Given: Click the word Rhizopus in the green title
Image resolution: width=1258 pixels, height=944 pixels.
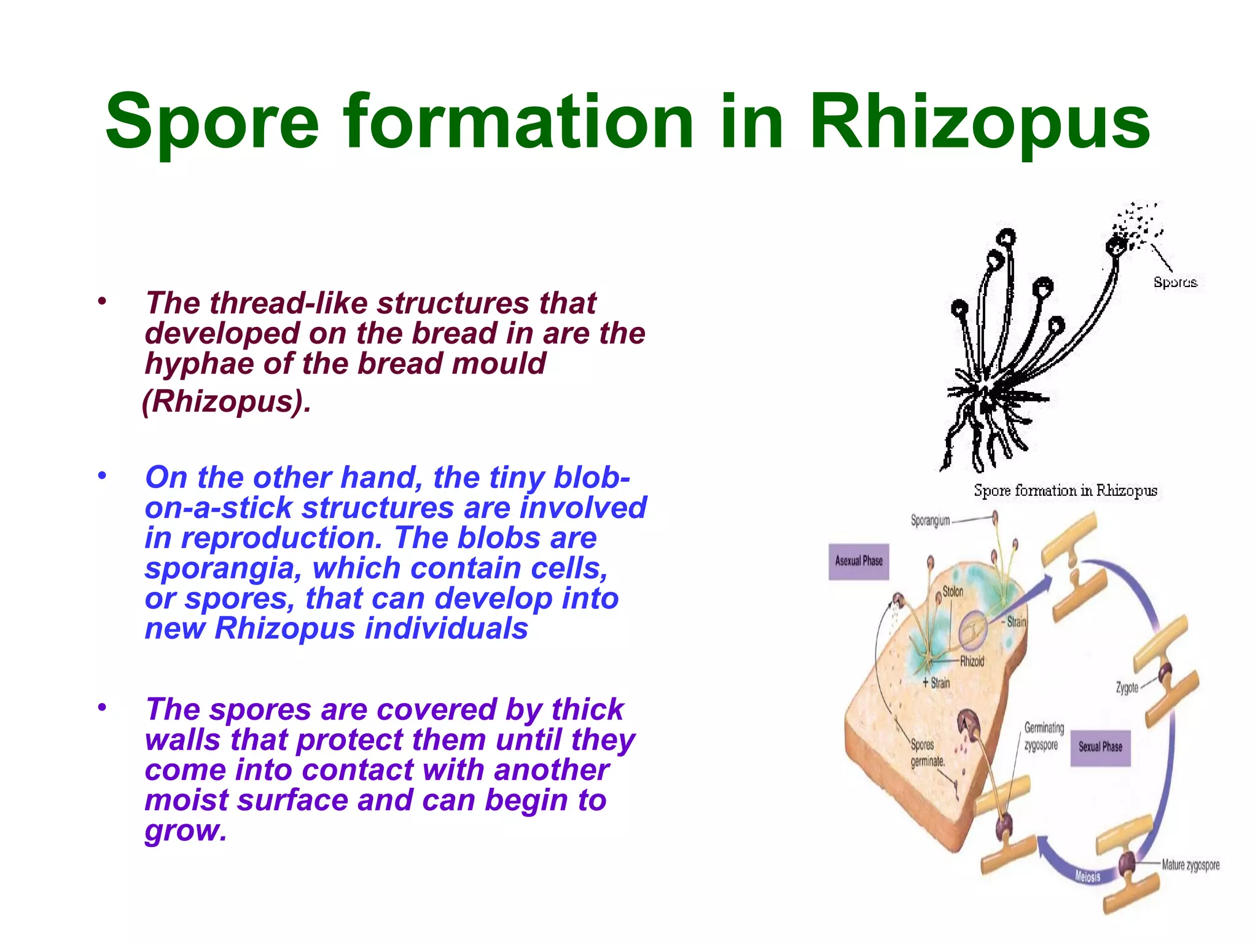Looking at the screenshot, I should [979, 123].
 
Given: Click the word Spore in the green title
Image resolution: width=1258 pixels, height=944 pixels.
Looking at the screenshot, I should [212, 123].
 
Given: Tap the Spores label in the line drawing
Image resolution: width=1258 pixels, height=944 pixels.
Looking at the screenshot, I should [1174, 282].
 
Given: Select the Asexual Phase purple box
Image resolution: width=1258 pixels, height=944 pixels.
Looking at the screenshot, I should [858, 561].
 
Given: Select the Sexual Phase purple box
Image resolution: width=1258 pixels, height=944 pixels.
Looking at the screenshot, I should [1100, 747].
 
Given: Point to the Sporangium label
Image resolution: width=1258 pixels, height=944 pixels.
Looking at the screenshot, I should [929, 521].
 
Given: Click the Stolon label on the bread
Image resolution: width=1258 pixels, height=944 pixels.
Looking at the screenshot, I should [953, 592].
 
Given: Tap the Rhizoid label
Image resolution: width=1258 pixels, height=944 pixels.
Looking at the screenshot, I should [972, 662].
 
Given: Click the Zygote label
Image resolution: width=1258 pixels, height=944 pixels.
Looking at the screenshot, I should [1127, 688].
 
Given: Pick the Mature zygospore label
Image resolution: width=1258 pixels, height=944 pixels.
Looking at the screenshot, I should [1190, 865].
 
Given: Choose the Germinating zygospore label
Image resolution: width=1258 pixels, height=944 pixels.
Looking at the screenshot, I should [1043, 736].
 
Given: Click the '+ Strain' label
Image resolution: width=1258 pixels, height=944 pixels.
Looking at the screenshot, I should [936, 683].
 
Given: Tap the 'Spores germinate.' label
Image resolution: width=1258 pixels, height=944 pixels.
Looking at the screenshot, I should [926, 753].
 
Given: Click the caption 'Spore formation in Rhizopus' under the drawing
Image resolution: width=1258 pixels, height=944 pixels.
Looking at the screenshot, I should [1065, 490].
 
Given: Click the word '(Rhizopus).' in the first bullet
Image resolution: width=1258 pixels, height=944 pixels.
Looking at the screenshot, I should [227, 402].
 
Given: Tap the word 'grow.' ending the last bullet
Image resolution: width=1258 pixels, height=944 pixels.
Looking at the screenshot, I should [186, 830].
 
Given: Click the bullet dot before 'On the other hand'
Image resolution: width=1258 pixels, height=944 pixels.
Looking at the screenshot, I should [102, 475].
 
